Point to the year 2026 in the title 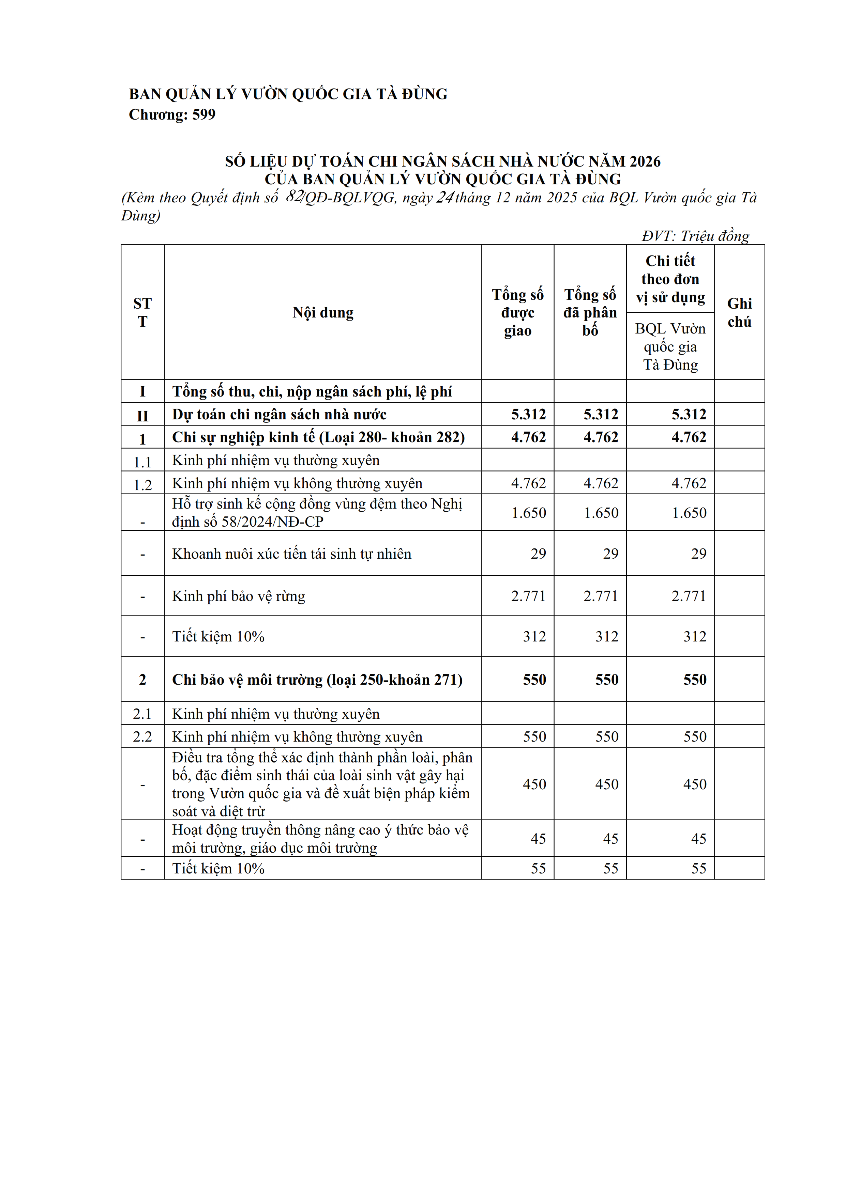coord(645,161)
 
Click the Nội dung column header coord(323,312)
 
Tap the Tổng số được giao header coord(517,312)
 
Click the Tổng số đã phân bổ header coord(590,312)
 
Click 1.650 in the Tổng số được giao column coord(528,513)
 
